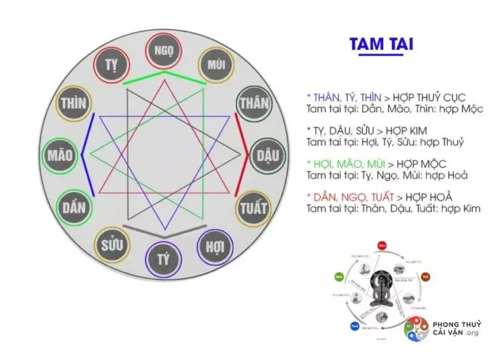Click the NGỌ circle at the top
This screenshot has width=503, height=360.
164,50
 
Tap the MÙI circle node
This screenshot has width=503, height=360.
215,64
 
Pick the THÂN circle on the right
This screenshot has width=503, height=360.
255,103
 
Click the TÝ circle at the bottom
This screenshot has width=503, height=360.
164,261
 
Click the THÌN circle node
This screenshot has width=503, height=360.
73,103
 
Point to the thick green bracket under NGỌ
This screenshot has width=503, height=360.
164,77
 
